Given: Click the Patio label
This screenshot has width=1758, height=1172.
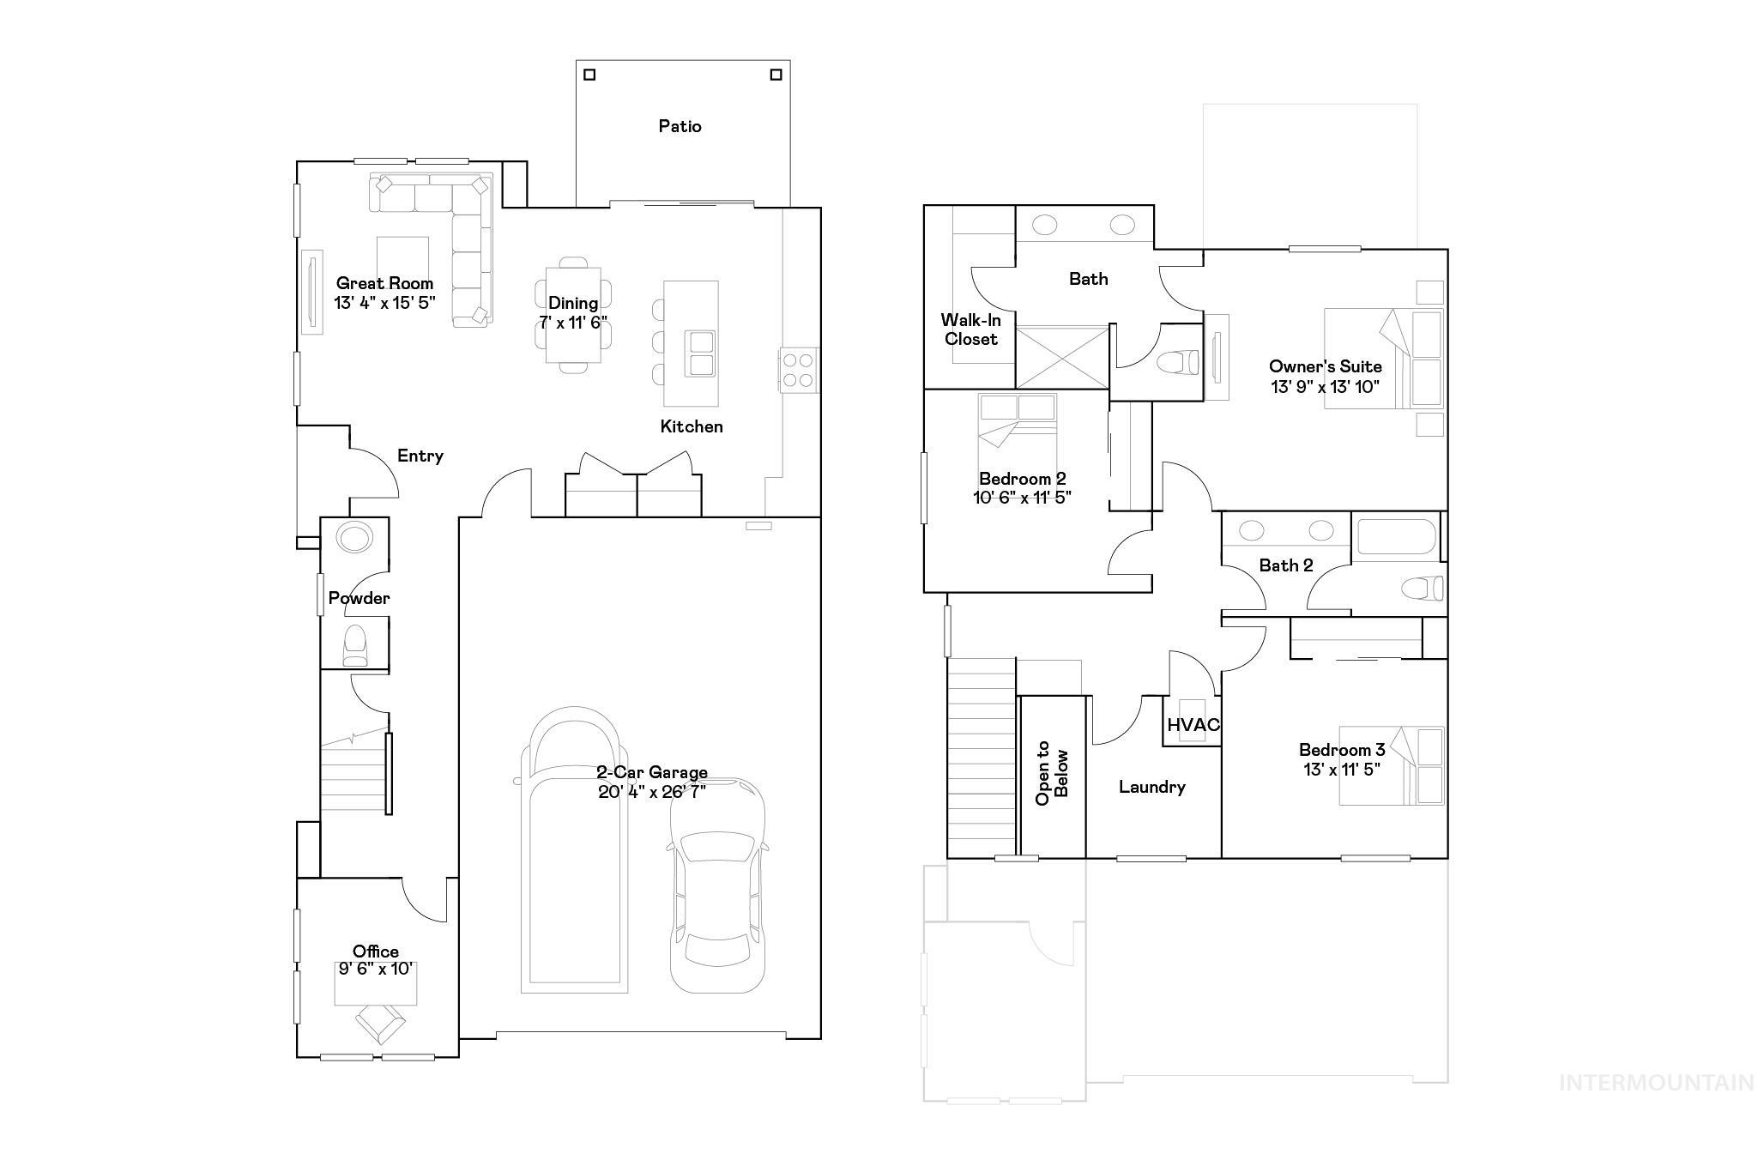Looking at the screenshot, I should point(680,126).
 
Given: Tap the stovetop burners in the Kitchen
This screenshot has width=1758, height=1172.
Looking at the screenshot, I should point(798,371).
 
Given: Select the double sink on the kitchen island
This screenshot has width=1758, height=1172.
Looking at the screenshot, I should point(699,353).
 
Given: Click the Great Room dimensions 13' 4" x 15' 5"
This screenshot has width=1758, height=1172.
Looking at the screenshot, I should point(384,303).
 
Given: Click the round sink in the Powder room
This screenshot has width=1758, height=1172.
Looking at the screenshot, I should point(354,538).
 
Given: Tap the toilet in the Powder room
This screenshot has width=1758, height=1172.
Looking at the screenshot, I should point(354,645).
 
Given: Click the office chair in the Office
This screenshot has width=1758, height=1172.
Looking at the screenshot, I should point(379,1022).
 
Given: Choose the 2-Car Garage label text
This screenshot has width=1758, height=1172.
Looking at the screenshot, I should point(652,771).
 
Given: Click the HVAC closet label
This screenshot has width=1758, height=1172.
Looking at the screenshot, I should point(1193,725).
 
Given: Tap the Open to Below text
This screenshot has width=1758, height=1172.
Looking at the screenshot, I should point(1052,773).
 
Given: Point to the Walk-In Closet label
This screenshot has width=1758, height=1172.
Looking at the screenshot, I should point(970,329).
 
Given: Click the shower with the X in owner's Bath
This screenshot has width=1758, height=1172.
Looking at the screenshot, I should point(1062,357).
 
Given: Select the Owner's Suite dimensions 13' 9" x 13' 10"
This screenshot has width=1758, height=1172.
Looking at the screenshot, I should point(1325,387).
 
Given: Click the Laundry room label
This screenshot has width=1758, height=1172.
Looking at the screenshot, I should point(1151,787).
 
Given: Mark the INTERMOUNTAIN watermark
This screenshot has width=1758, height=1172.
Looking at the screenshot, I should point(1655,1083).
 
